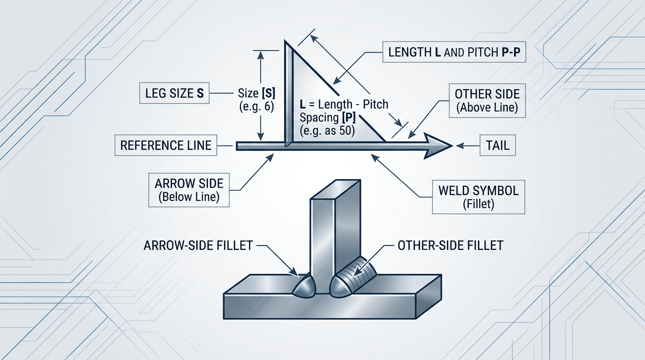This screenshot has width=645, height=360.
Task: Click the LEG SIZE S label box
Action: click(x=173, y=93)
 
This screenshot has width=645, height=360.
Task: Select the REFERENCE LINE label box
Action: click(x=166, y=145)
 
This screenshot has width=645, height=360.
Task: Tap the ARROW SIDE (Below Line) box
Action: click(x=189, y=190)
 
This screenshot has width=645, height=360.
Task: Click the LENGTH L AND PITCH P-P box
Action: click(x=454, y=52)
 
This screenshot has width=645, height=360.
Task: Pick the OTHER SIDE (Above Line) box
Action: click(x=487, y=100)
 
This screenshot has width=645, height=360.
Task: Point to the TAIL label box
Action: click(x=498, y=146)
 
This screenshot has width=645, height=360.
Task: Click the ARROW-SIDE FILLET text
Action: click(x=199, y=245)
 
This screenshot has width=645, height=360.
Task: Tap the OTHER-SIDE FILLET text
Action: click(x=450, y=245)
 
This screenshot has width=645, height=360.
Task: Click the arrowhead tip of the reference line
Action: click(x=451, y=146)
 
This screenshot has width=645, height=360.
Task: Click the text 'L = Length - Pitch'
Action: click(x=344, y=104)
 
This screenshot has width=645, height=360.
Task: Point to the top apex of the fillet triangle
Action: click(x=285, y=43)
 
